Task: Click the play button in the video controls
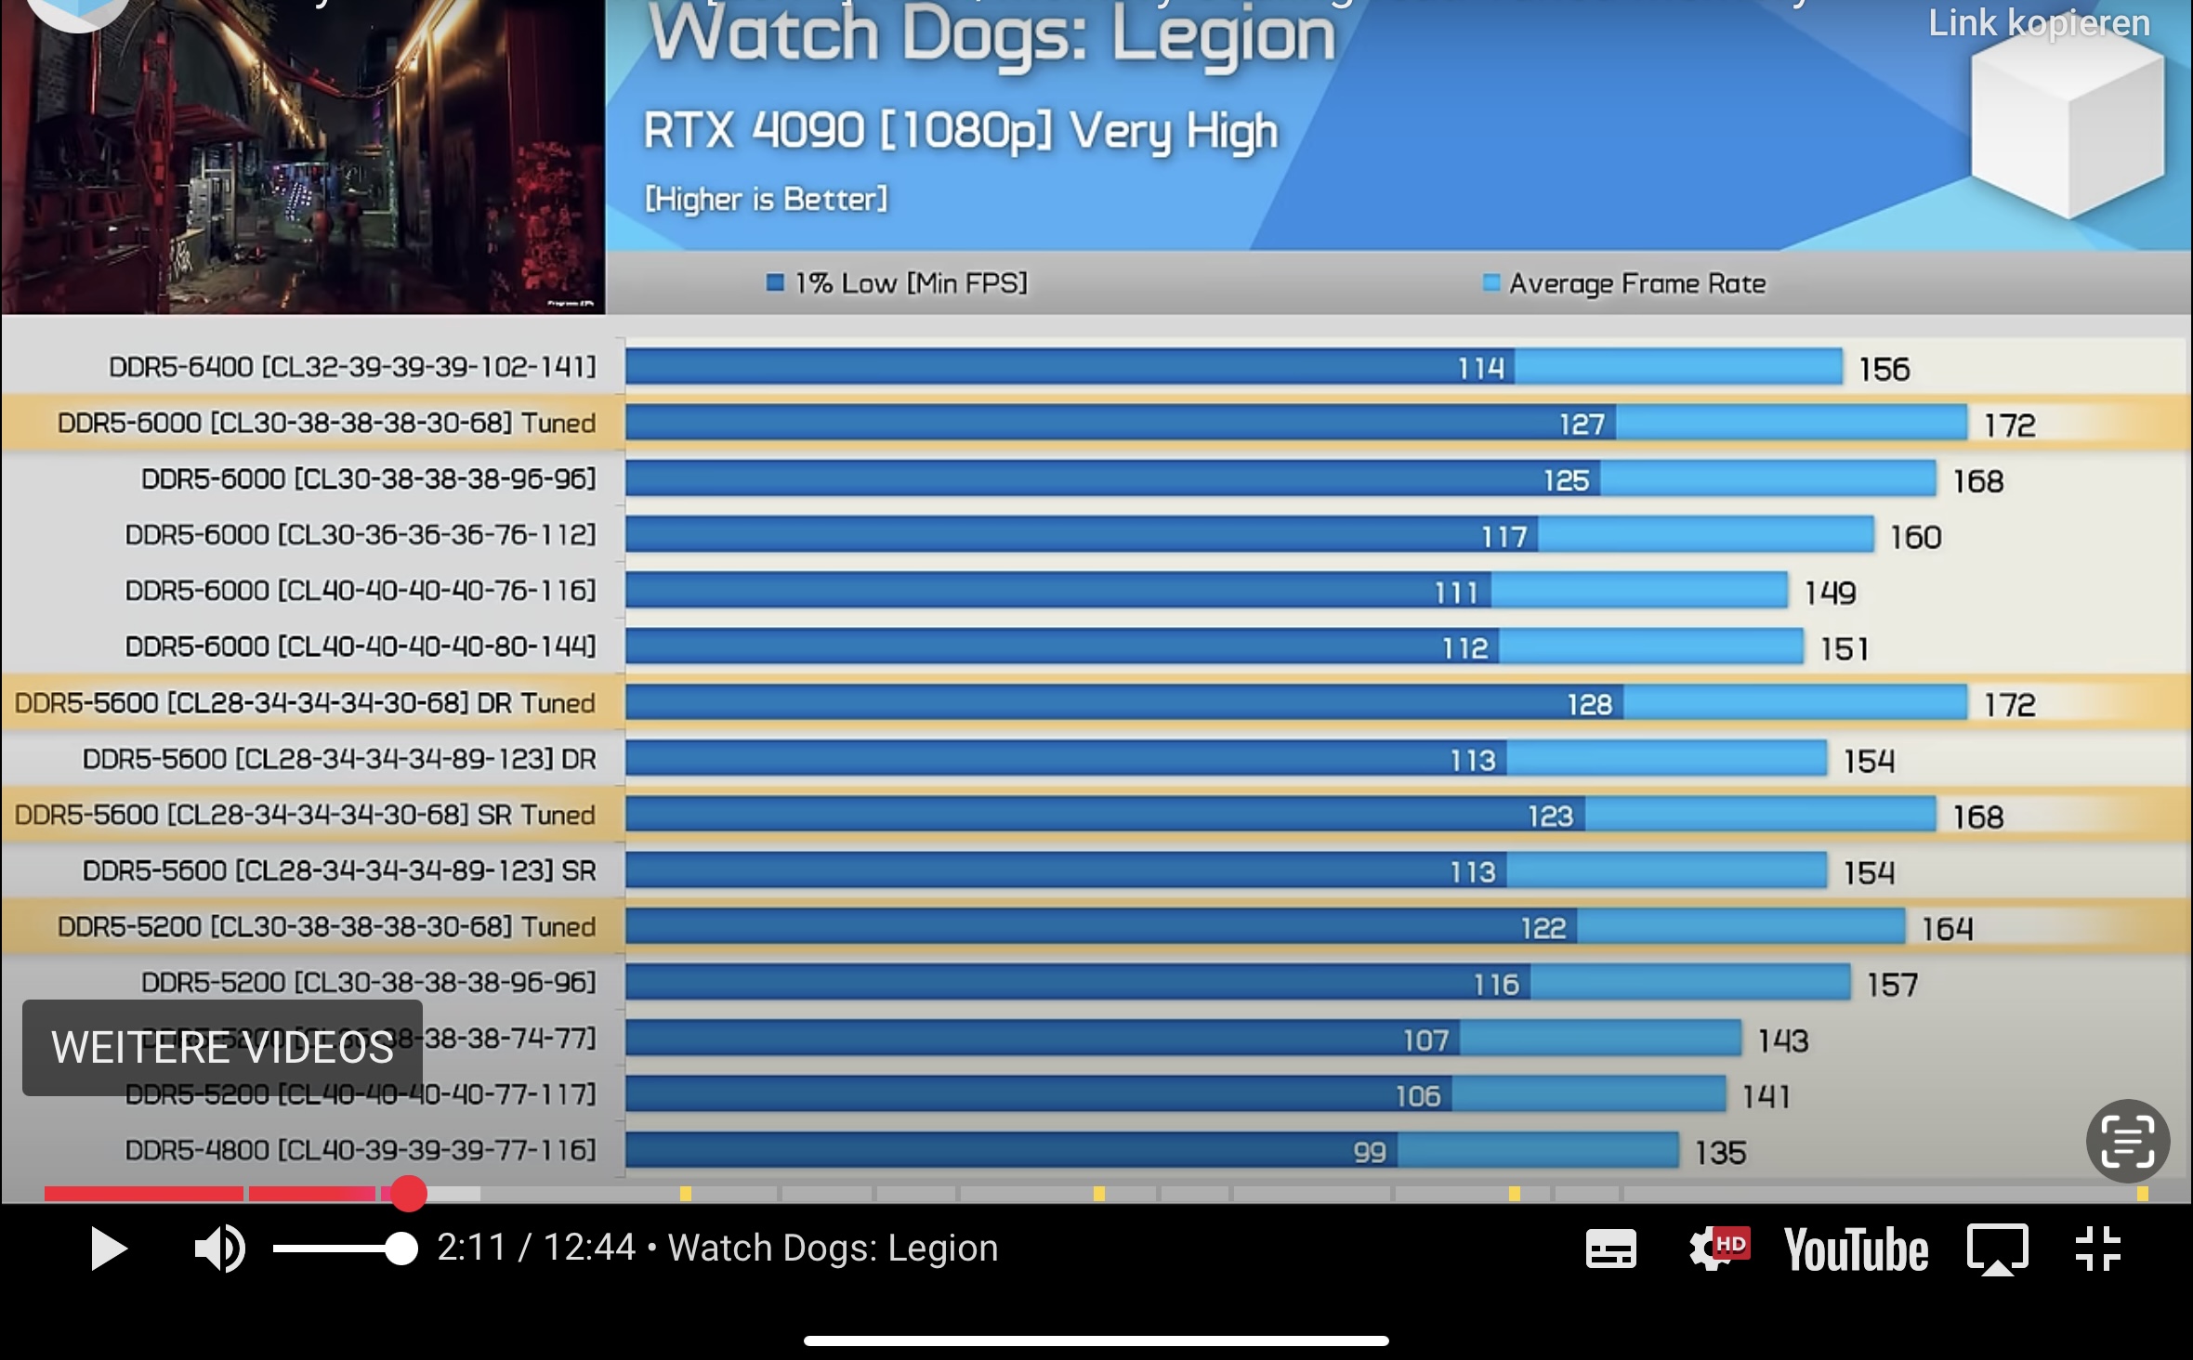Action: pyautogui.click(x=109, y=1249)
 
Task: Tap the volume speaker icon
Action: pyautogui.click(x=219, y=1249)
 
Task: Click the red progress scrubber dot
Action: pyautogui.click(x=408, y=1194)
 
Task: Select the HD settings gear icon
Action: pyautogui.click(x=1718, y=1248)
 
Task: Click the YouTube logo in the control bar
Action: pyautogui.click(x=1856, y=1249)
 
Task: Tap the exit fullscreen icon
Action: pyautogui.click(x=2098, y=1248)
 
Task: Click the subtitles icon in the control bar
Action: pyautogui.click(x=1610, y=1249)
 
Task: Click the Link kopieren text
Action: pyautogui.click(x=2039, y=23)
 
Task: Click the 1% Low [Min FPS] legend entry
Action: pyautogui.click(x=898, y=282)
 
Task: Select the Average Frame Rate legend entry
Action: pyautogui.click(x=1624, y=282)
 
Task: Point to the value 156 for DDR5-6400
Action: pyautogui.click(x=1884, y=370)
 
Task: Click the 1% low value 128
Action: pyautogui.click(x=1589, y=704)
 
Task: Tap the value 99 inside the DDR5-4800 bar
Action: pyautogui.click(x=1370, y=1152)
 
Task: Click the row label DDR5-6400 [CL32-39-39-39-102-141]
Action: pyautogui.click(x=352, y=367)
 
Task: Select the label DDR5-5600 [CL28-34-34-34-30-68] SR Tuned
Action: pyautogui.click(x=305, y=815)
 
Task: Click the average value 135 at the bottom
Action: pyautogui.click(x=1720, y=1153)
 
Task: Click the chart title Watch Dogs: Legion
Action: pyautogui.click(x=991, y=35)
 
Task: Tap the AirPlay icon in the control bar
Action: pyautogui.click(x=1997, y=1249)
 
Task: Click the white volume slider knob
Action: pyautogui.click(x=401, y=1249)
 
